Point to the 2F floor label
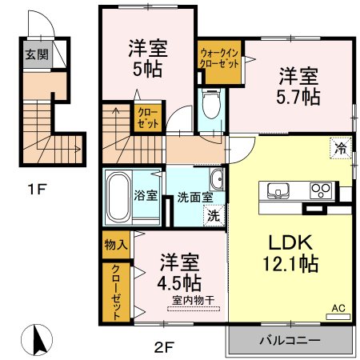[x=164, y=345]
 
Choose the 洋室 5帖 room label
[x=148, y=58]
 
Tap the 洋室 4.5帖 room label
[x=179, y=272]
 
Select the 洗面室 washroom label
[x=194, y=195]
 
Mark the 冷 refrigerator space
[x=340, y=147]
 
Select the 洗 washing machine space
[x=214, y=214]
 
